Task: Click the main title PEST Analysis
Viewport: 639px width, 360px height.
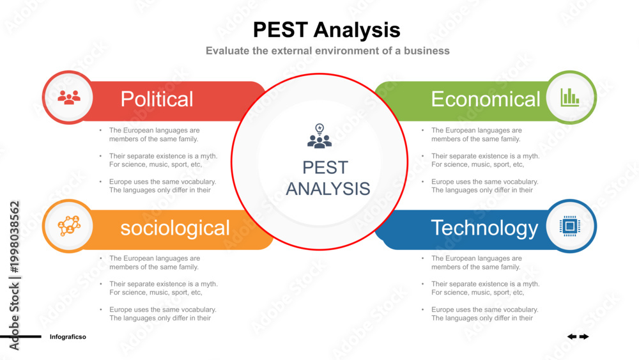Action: [x=327, y=30]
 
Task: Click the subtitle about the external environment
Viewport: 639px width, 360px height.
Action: [x=328, y=51]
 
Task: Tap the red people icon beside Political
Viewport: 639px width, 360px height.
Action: [x=69, y=98]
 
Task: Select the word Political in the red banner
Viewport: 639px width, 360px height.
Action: [x=157, y=99]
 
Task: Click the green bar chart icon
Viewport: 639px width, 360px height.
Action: [x=570, y=97]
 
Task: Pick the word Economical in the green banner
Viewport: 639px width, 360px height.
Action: [x=486, y=99]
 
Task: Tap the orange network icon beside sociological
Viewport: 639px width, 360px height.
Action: [x=69, y=226]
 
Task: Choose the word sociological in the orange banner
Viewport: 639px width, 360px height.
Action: [x=175, y=228]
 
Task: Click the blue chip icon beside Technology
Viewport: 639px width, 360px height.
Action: [x=570, y=226]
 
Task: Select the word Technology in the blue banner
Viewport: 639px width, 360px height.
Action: [x=484, y=228]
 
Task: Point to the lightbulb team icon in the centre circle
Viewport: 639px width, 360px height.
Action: [x=319, y=136]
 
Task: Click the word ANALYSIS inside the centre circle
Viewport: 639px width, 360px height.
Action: [x=328, y=189]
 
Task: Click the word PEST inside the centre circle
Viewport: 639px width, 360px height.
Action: [x=325, y=168]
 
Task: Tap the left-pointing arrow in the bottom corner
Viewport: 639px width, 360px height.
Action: [x=572, y=336]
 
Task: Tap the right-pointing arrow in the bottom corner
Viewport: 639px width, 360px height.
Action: [x=585, y=336]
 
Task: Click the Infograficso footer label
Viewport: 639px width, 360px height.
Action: [x=68, y=337]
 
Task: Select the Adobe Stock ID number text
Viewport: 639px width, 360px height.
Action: [x=14, y=237]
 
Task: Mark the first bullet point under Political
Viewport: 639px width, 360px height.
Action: [x=154, y=134]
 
